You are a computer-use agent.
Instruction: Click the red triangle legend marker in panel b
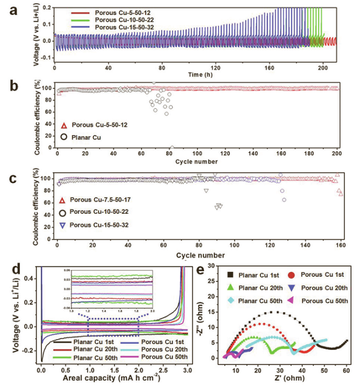[x=62, y=125]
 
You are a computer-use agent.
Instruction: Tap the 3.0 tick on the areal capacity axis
[x=187, y=370]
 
